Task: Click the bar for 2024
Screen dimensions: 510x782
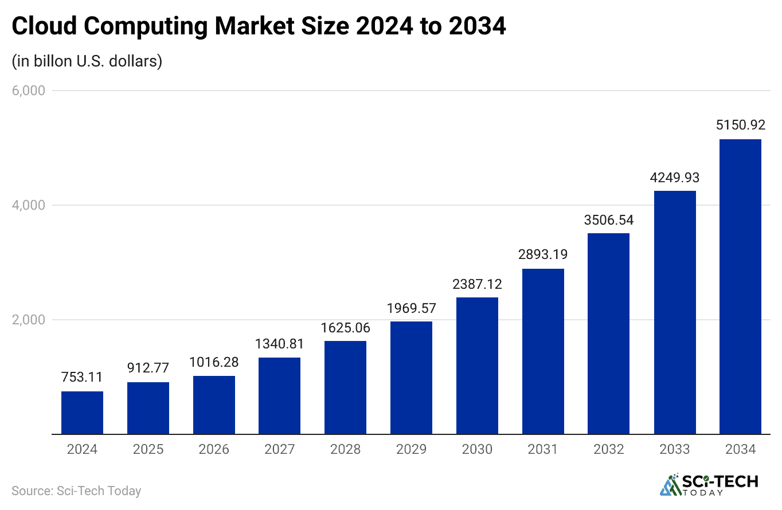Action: click(82, 413)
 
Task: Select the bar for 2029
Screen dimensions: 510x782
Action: click(411, 378)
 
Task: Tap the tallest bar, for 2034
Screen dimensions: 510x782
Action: click(740, 287)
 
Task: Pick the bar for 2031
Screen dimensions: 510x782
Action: click(543, 351)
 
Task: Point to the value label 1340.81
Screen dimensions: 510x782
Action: click(279, 343)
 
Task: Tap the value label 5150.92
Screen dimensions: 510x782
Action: click(740, 124)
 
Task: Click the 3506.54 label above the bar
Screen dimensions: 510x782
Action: click(609, 219)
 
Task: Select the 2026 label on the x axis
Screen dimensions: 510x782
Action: click(214, 449)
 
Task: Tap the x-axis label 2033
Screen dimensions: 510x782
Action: click(675, 449)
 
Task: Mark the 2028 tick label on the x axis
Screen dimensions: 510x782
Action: click(345, 449)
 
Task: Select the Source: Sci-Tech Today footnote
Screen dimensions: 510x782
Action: click(76, 491)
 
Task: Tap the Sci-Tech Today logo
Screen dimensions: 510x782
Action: click(709, 485)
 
